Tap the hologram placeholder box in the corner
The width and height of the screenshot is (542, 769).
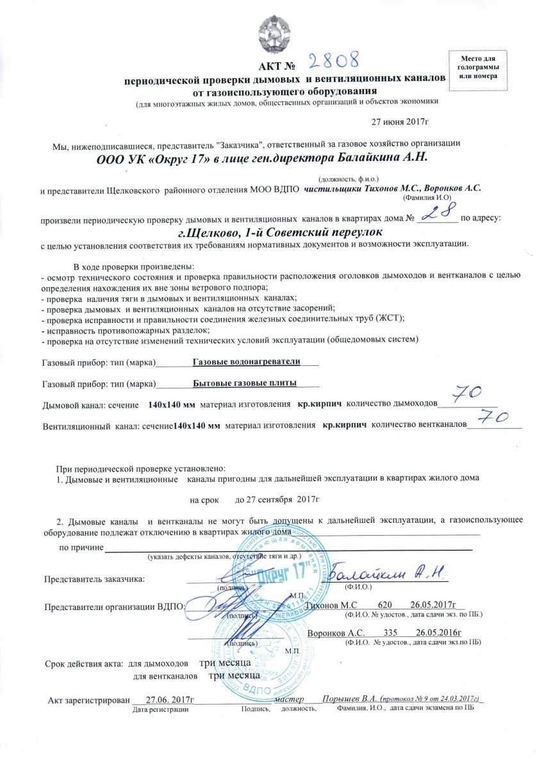point(477,67)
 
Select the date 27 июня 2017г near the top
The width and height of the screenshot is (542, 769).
point(400,121)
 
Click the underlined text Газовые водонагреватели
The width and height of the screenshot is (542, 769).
point(247,361)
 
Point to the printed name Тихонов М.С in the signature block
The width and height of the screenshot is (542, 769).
point(331,605)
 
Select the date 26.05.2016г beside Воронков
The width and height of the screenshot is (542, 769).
point(439,633)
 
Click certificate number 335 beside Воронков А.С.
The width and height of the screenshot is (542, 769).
point(390,633)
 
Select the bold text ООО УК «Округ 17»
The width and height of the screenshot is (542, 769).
point(151,158)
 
